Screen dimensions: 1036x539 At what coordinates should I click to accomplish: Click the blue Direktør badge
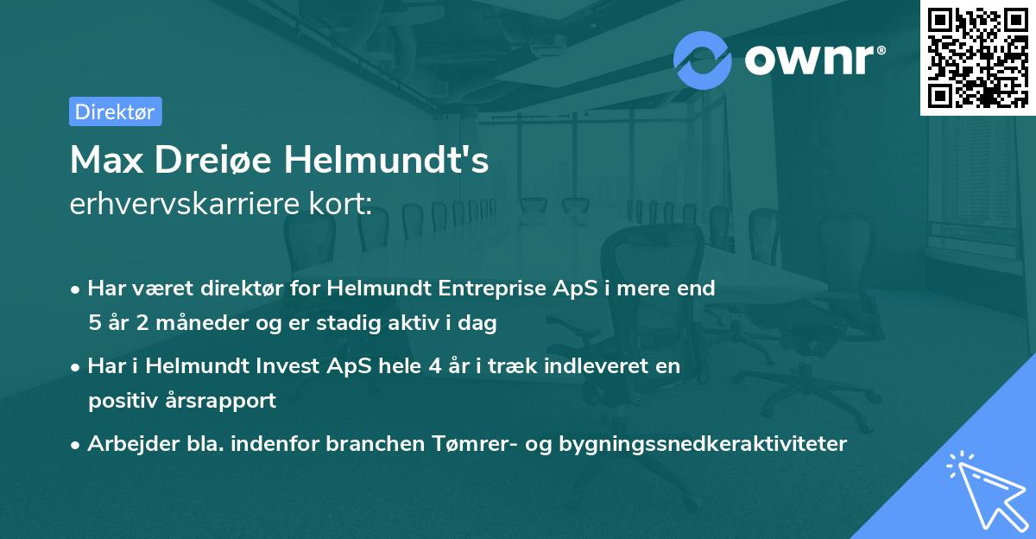(x=116, y=111)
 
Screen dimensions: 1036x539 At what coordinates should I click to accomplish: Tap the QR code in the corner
(x=977, y=58)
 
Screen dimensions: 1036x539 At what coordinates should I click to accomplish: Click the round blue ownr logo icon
(x=702, y=60)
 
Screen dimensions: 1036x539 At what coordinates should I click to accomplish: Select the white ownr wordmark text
(x=815, y=60)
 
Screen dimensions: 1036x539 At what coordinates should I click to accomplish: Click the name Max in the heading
(x=107, y=160)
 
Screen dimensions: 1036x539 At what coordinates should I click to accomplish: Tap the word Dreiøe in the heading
(x=212, y=160)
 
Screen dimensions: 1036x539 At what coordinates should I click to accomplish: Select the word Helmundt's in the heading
(x=386, y=159)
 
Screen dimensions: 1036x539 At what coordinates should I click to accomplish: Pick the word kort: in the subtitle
(x=340, y=203)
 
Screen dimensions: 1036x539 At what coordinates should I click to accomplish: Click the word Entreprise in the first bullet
(x=492, y=289)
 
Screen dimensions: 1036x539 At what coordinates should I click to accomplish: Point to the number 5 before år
(x=95, y=322)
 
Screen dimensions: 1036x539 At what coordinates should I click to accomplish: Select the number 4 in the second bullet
(x=435, y=366)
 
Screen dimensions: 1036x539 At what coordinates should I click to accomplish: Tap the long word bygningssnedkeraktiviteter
(x=703, y=444)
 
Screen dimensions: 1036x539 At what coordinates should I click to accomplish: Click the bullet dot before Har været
(x=75, y=290)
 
